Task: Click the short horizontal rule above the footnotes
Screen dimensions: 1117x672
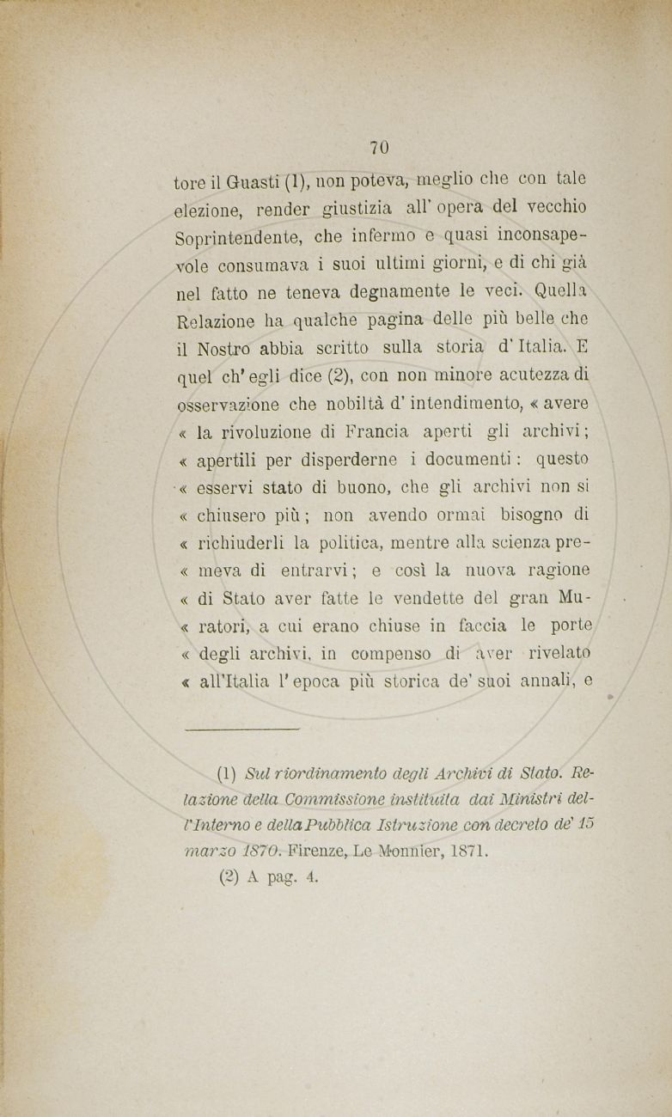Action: pyautogui.click(x=242, y=729)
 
